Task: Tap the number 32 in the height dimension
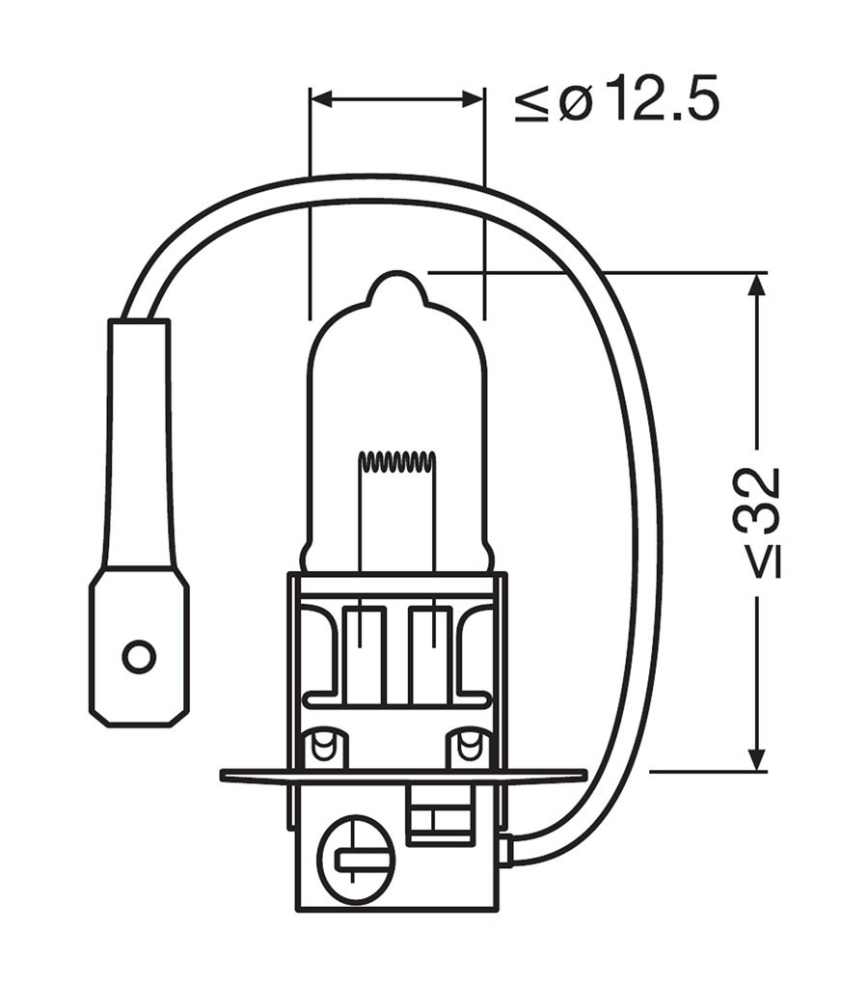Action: (758, 502)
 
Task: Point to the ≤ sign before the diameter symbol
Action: (532, 102)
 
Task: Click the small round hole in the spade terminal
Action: (139, 657)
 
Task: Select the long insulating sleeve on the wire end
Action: (139, 444)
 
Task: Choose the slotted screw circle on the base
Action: (356, 854)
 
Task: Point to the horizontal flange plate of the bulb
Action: (403, 776)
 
